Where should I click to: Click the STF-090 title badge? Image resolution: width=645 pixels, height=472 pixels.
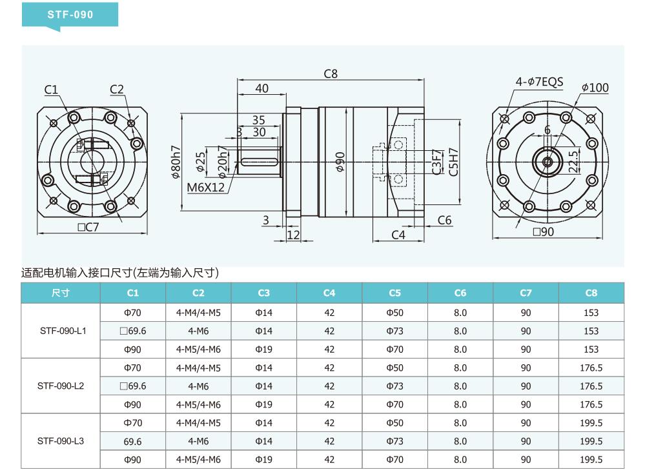tap(70, 15)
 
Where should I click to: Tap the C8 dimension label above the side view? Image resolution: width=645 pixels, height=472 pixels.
tap(331, 74)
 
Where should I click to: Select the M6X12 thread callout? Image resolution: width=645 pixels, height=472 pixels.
tap(206, 188)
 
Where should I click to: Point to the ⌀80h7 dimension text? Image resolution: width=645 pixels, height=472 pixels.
tap(176, 162)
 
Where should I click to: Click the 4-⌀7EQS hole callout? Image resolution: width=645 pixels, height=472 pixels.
tap(539, 82)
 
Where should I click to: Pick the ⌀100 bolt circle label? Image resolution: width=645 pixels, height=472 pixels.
tap(595, 88)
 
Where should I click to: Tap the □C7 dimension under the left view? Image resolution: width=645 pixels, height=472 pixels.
tap(88, 227)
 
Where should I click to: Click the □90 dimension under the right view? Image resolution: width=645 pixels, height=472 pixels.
tap(543, 231)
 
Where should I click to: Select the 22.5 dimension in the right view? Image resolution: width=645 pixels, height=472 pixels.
tap(573, 161)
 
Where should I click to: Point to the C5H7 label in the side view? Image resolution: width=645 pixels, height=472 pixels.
tap(453, 162)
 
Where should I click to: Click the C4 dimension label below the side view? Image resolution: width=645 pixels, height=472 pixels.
tap(398, 235)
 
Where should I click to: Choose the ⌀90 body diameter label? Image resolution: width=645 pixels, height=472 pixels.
tap(340, 162)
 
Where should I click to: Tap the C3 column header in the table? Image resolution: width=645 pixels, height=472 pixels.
tap(263, 293)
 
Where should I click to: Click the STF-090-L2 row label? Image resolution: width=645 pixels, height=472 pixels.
tap(61, 386)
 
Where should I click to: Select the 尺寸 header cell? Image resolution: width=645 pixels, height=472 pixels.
tap(61, 293)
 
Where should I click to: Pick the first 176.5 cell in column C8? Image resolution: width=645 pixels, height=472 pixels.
tap(591, 368)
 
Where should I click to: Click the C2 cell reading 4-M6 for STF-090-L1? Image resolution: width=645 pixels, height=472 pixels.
tap(198, 331)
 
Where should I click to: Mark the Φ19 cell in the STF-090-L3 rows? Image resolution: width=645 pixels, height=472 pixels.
tap(263, 460)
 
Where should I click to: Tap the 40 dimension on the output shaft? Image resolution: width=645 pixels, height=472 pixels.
tap(261, 88)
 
